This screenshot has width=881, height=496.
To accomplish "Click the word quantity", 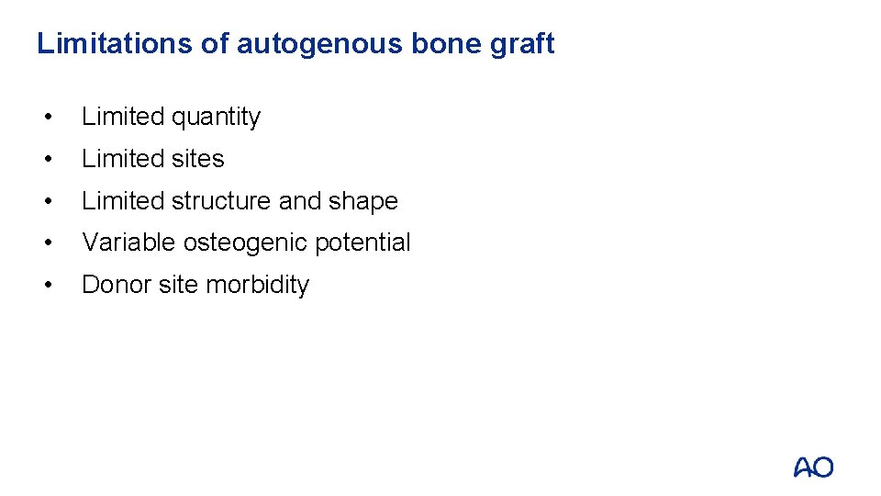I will [x=216, y=118].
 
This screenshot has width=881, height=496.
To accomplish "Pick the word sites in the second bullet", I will [x=197, y=159].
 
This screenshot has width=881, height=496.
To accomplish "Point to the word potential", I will [x=362, y=243].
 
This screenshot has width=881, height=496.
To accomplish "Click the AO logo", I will [x=813, y=468].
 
